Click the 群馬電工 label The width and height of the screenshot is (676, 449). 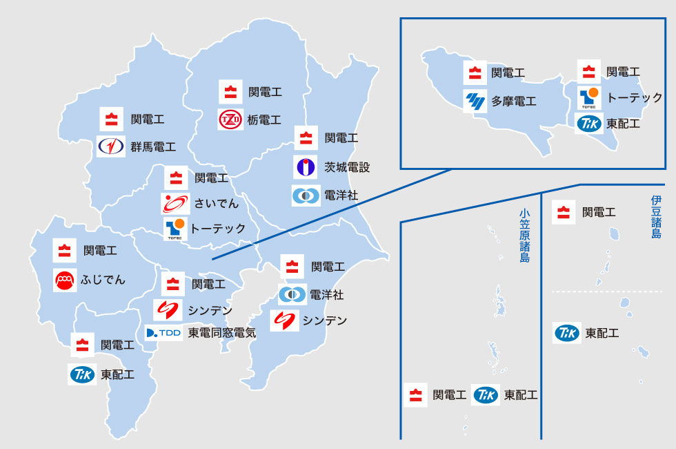[153, 147]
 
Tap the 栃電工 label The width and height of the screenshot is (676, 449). [264, 120]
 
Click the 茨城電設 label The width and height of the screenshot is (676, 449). [347, 167]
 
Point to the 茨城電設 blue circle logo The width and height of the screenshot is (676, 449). [306, 167]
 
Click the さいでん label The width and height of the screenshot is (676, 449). [217, 203]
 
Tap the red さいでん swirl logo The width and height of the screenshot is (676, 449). [175, 203]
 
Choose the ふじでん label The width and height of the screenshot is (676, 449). [105, 279]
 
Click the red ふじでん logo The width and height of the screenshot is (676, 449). [65, 279]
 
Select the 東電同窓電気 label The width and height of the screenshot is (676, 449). [222, 333]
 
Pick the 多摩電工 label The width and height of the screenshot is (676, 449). [514, 102]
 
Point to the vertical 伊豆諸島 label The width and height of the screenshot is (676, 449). [655, 217]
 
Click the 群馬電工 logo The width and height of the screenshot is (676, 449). [111, 147]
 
